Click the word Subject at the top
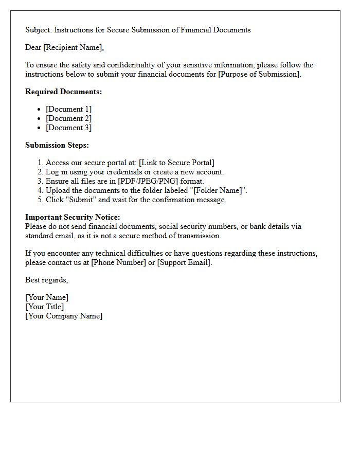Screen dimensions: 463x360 (38, 30)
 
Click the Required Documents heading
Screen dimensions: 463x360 (64, 92)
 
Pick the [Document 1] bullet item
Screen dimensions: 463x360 (68, 109)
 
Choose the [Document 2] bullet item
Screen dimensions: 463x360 (68, 118)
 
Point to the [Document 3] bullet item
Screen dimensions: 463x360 (68, 128)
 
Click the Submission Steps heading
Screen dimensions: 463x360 (57, 145)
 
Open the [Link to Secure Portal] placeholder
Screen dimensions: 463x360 (176, 163)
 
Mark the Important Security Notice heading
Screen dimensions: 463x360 (73, 217)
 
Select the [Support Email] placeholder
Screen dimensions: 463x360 (184, 262)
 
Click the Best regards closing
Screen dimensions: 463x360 (46, 280)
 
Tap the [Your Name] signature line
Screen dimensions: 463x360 (47, 297)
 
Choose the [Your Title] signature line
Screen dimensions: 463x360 (45, 307)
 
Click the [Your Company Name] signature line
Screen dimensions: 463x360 (64, 316)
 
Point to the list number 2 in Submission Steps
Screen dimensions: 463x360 (41, 172)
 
